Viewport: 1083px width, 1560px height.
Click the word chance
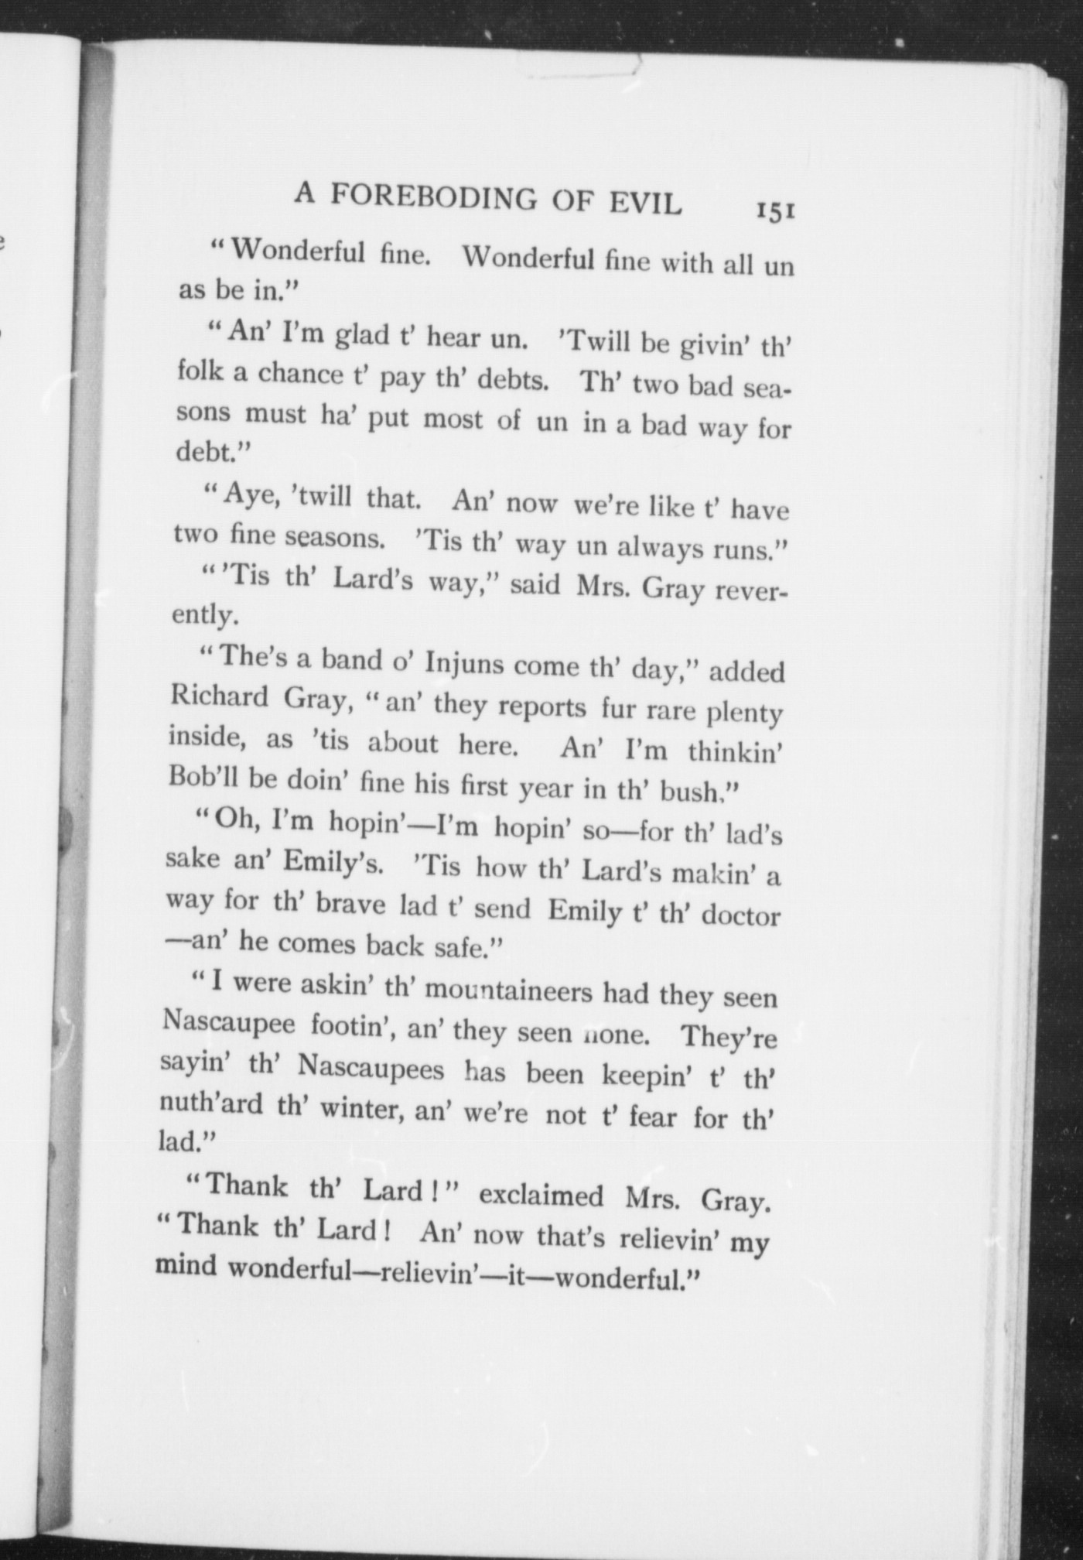pyautogui.click(x=301, y=375)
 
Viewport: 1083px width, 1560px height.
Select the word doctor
pyautogui.click(x=740, y=915)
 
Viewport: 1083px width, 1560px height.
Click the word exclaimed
pyautogui.click(x=541, y=1196)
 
